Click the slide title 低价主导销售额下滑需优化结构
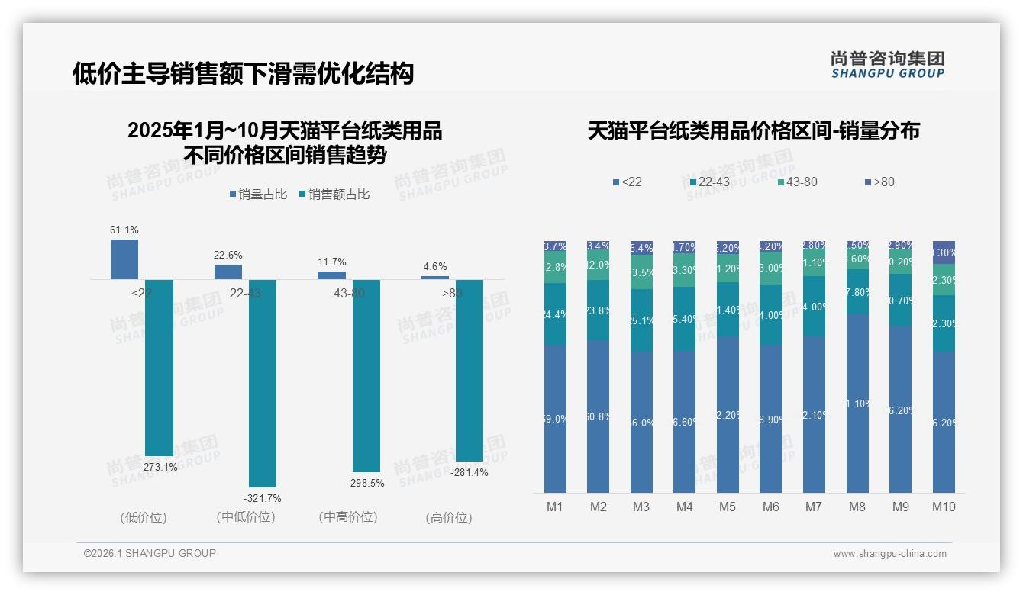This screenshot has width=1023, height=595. (243, 73)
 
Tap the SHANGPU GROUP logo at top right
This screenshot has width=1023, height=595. (887, 65)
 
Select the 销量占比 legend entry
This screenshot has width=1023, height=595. (258, 195)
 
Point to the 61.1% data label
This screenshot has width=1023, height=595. (124, 230)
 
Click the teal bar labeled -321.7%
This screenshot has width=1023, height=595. (263, 381)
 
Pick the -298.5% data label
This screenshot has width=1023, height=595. (366, 483)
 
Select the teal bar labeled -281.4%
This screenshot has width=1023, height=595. (470, 370)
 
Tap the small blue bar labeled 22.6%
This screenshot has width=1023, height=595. (228, 272)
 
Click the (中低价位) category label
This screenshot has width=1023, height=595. (246, 517)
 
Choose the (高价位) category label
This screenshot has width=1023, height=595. (449, 518)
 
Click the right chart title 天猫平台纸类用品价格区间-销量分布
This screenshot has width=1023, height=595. (754, 130)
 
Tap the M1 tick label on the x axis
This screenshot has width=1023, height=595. (555, 507)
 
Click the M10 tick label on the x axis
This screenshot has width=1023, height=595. (944, 507)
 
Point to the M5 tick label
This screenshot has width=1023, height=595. (728, 507)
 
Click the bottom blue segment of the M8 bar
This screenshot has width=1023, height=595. (857, 404)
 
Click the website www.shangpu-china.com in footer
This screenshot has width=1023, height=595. (889, 554)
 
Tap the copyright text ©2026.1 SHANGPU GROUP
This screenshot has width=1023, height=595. (150, 553)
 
